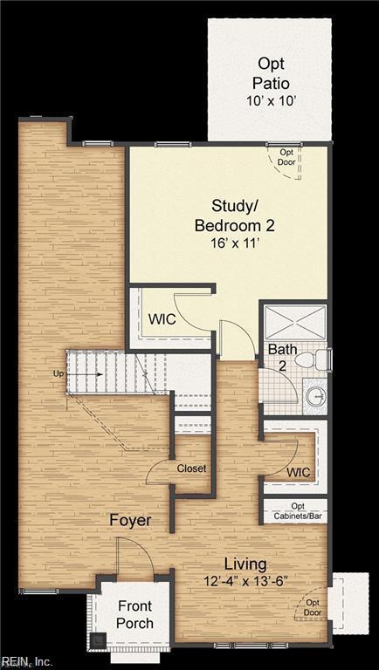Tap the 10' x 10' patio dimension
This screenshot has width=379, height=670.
[270, 101]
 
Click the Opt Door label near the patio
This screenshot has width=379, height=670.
[286, 157]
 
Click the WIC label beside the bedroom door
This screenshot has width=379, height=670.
[162, 319]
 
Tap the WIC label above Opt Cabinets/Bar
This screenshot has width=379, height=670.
[299, 472]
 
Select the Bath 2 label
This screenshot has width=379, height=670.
[282, 357]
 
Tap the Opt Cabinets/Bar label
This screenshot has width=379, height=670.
[298, 509]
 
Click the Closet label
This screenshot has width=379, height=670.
[192, 468]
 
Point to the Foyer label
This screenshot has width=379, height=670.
[130, 521]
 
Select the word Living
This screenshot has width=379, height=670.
[245, 563]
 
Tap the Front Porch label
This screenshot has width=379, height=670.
[134, 615]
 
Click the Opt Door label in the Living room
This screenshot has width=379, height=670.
[312, 606]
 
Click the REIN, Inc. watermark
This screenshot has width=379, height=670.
[27, 662]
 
